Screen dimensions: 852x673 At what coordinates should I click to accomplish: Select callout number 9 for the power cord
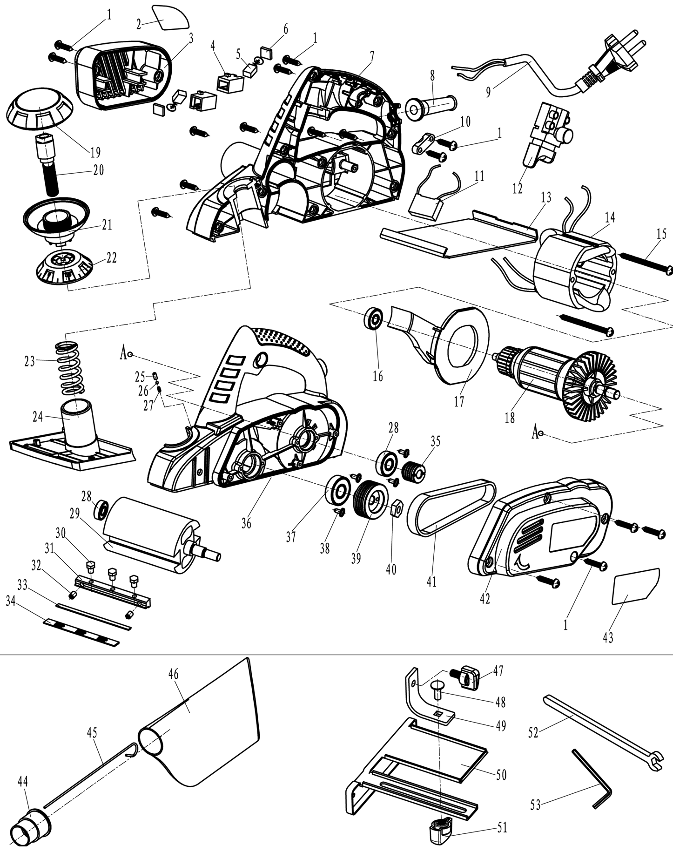click(x=488, y=92)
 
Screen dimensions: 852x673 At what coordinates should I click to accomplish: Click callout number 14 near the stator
click(x=610, y=217)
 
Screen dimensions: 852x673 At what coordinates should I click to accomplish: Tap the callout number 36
click(x=246, y=523)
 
